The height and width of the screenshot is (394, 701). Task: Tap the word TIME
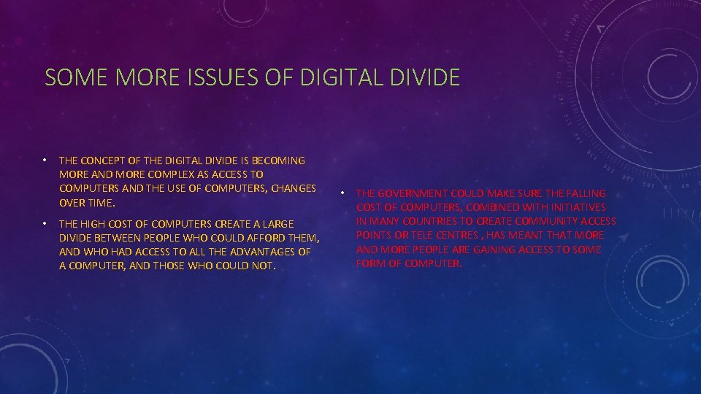tap(101, 202)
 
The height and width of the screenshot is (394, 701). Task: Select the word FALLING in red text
tap(585, 193)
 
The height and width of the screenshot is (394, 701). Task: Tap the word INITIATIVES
tap(575, 207)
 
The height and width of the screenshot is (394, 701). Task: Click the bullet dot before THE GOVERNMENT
tap(342, 193)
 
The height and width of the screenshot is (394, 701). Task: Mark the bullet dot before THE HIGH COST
tap(45, 223)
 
